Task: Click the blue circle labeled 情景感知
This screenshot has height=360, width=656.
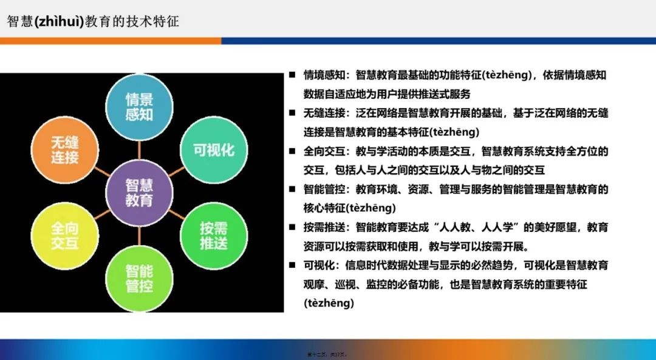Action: tap(139, 107)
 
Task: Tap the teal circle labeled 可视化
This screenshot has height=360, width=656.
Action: tap(213, 150)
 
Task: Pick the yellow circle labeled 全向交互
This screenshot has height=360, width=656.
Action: tap(64, 236)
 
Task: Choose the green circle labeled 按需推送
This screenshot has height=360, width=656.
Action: tap(213, 236)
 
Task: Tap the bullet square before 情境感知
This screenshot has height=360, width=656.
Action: tap(292, 76)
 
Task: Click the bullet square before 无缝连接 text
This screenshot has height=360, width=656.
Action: tap(292, 114)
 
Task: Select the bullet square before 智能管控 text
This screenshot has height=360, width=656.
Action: tap(292, 189)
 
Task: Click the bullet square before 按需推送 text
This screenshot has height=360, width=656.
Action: tap(292, 228)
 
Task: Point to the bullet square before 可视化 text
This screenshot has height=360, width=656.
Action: tap(292, 265)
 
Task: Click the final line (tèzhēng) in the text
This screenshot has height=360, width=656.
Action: tap(329, 303)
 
